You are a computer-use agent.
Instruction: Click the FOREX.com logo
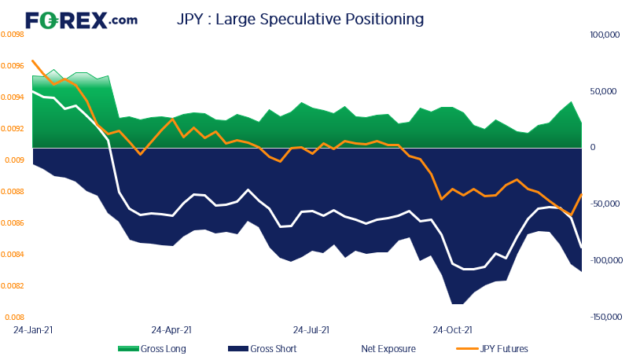(x=82, y=20)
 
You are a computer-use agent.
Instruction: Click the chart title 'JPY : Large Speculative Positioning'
(x=300, y=19)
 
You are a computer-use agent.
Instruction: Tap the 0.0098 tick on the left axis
(x=13, y=35)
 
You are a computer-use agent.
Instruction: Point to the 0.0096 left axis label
(x=13, y=66)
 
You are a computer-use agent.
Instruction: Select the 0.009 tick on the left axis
(x=14, y=160)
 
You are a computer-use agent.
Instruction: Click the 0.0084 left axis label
(x=13, y=255)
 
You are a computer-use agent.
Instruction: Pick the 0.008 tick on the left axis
(x=14, y=318)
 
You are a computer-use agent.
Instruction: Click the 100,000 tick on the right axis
(x=605, y=35)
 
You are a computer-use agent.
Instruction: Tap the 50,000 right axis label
(x=603, y=91)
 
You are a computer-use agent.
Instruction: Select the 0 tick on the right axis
(x=593, y=148)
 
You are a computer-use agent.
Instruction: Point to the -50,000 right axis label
(x=603, y=204)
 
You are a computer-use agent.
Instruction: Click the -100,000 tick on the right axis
(x=606, y=261)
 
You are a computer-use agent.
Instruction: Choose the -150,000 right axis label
(x=606, y=317)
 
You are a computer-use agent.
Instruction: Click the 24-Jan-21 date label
(x=33, y=330)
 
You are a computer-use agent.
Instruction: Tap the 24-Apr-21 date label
(x=171, y=330)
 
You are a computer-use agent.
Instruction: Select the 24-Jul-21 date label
(x=311, y=330)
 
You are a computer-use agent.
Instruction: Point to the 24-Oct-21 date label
(x=452, y=330)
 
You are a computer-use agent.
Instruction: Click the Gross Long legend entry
(x=152, y=349)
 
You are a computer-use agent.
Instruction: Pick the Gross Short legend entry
(x=263, y=349)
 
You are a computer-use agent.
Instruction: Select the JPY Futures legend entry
(x=492, y=349)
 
